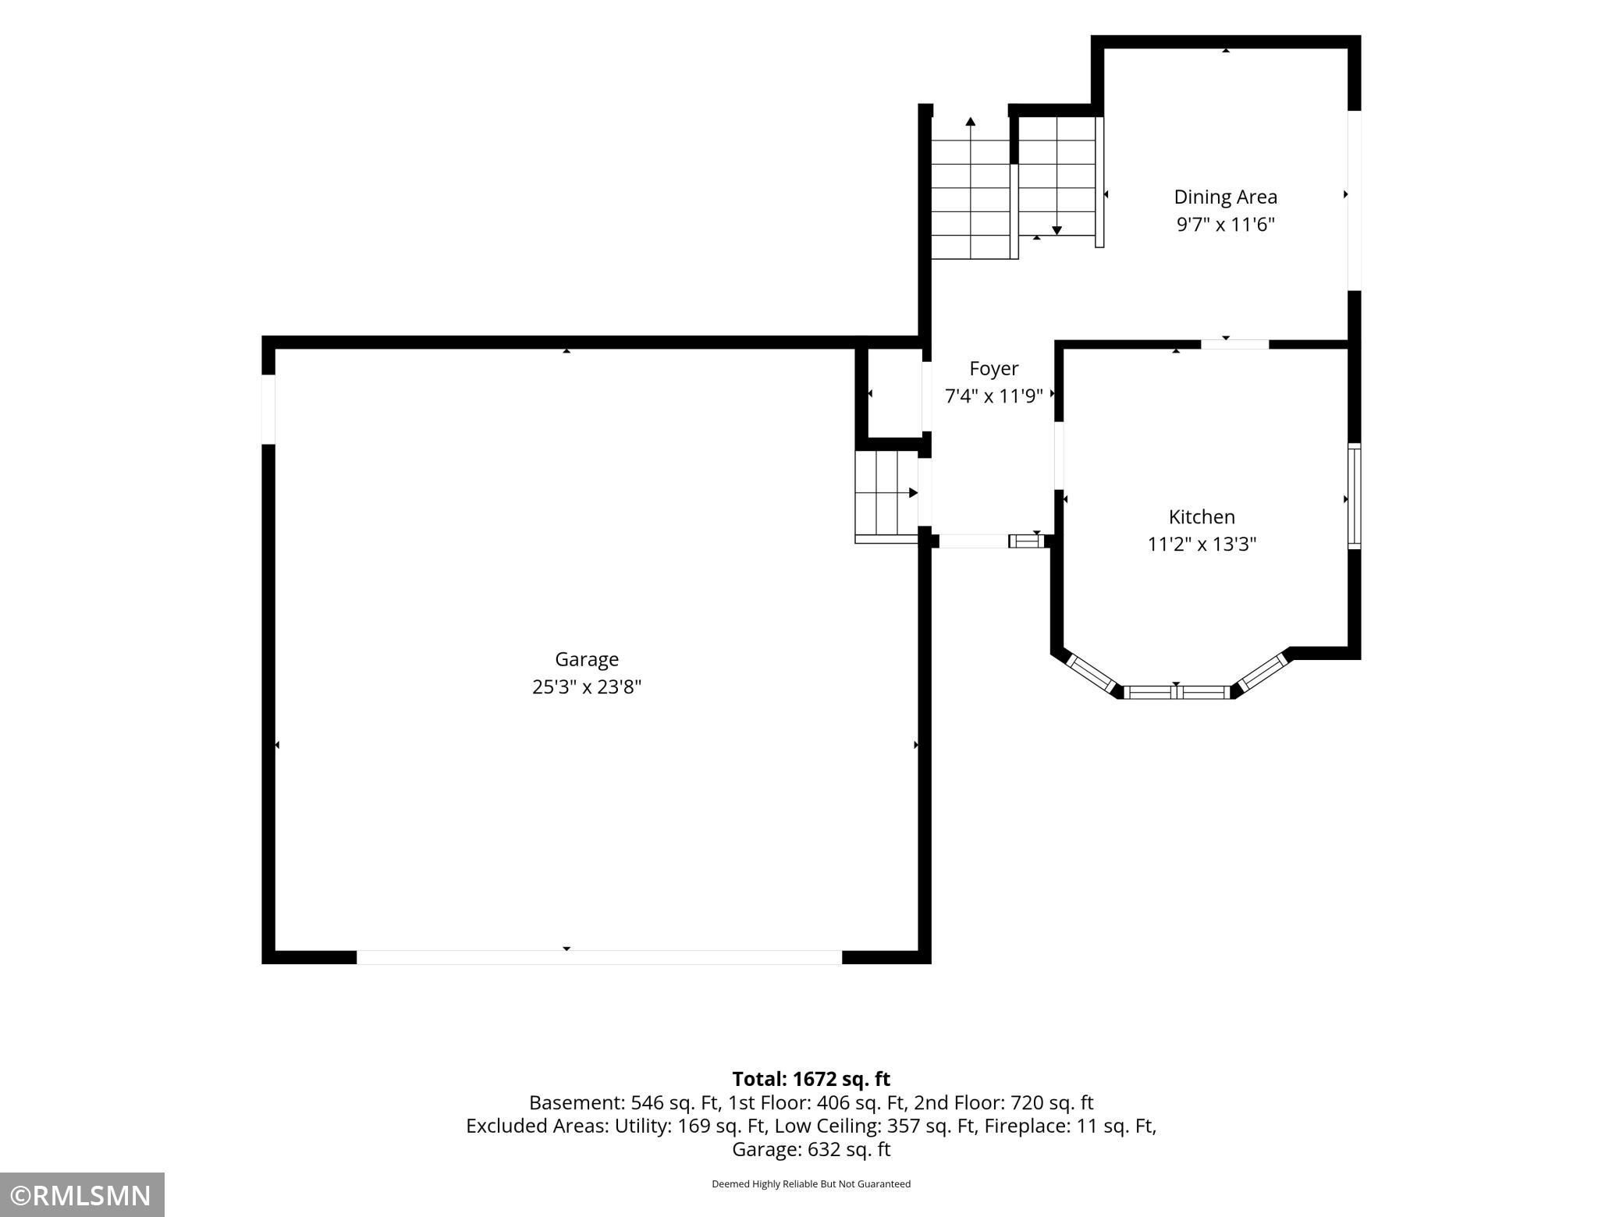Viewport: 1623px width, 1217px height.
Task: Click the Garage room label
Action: (x=587, y=660)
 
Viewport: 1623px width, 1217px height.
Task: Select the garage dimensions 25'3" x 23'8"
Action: (x=587, y=687)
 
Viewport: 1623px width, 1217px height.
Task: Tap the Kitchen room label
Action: (x=1202, y=517)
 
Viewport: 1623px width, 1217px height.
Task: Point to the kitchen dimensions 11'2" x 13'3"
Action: (x=1202, y=545)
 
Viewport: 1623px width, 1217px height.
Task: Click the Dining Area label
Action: (x=1226, y=197)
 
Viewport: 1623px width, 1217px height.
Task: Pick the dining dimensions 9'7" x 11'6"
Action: (x=1226, y=225)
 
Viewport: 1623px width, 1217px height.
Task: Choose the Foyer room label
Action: (x=994, y=369)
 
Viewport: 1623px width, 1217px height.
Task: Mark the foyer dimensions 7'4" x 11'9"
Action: (x=994, y=396)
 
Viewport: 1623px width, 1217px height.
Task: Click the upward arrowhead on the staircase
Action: (x=971, y=122)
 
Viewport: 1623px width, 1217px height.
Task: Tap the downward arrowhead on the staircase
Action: (x=1057, y=230)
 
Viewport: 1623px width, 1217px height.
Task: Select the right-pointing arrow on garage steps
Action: (x=897, y=493)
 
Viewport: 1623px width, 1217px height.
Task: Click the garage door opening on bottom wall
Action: (x=599, y=957)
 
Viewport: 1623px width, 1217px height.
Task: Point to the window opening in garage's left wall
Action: (x=268, y=410)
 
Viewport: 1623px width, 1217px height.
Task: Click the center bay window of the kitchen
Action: (x=1177, y=692)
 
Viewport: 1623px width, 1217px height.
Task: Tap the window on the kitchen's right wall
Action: (x=1355, y=496)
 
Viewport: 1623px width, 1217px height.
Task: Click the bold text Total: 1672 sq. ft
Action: (x=811, y=1079)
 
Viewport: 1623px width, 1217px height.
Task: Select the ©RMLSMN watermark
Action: (x=81, y=1195)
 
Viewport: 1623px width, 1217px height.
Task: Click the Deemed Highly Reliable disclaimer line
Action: (x=811, y=1183)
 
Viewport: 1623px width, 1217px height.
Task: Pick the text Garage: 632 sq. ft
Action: (x=811, y=1149)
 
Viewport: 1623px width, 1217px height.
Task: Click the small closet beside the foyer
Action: (x=895, y=393)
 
